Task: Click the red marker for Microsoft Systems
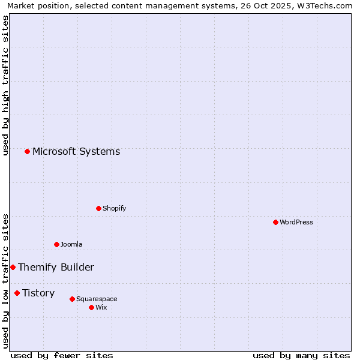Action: [27, 151]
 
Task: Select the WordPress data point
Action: [275, 222]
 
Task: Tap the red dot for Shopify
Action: [98, 208]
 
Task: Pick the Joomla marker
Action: [56, 244]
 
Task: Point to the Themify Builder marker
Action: [13, 267]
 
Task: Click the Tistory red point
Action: [17, 293]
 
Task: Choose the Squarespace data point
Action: [72, 299]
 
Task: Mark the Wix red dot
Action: [91, 307]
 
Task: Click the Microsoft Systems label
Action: [76, 151]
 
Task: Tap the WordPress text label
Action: [296, 222]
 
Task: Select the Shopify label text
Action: [115, 208]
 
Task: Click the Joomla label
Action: [71, 244]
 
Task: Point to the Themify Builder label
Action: [56, 267]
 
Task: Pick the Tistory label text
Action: [38, 293]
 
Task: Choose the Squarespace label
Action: [97, 299]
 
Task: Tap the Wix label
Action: [101, 307]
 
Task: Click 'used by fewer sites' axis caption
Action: [62, 355]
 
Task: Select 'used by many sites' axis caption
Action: [301, 355]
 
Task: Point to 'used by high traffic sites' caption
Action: [6, 85]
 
